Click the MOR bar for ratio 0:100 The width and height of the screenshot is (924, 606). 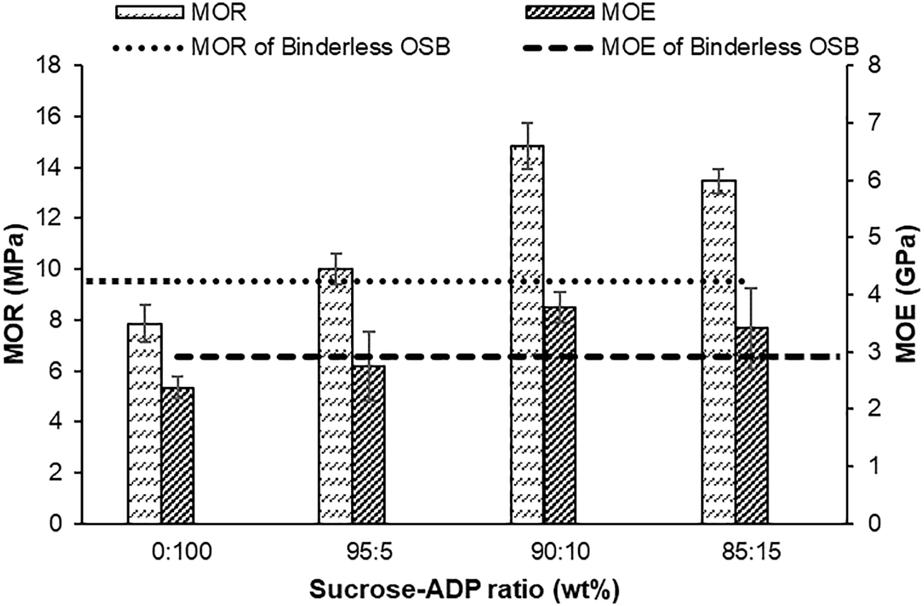145,423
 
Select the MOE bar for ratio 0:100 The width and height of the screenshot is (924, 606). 178,455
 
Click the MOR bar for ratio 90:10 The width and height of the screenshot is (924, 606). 527,334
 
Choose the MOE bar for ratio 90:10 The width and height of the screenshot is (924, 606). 560,415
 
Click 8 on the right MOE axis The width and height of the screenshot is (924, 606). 866,66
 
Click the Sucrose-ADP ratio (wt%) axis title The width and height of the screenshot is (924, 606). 464,590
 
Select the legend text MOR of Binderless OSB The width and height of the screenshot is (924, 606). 321,47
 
